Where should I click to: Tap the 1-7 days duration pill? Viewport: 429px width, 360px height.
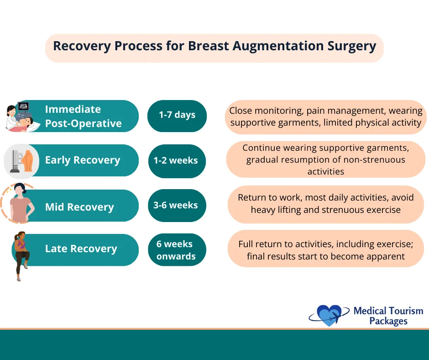(177, 115)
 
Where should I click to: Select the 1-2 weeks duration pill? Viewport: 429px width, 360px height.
(176, 160)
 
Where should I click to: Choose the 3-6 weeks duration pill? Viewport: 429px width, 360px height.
(176, 205)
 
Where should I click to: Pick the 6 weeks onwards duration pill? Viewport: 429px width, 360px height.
(176, 250)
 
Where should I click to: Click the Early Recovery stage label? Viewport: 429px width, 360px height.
(83, 160)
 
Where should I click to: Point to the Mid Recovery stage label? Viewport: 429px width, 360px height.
(79, 207)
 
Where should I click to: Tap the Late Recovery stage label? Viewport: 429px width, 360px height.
(81, 249)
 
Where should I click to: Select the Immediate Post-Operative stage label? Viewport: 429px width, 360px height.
(83, 116)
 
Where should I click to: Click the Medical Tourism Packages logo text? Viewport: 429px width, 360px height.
(388, 316)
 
